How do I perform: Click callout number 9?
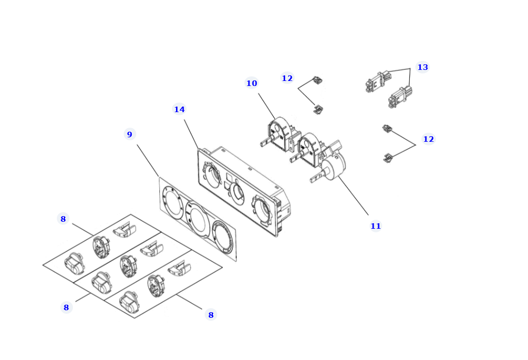[x=130, y=134]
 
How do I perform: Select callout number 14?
[x=179, y=109]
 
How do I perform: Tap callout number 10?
[x=251, y=83]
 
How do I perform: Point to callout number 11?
[x=376, y=226]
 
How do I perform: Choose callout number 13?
[x=422, y=67]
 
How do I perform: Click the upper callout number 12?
[x=287, y=78]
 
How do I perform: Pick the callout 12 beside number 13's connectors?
[x=428, y=139]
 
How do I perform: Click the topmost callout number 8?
[x=63, y=219]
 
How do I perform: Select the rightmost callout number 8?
[x=211, y=315]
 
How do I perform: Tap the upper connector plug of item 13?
[x=379, y=81]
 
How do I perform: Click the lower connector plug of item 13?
[x=400, y=97]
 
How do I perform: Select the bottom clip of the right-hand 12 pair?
[x=388, y=157]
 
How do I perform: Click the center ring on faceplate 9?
[x=198, y=219]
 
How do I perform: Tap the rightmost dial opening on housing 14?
[x=261, y=209]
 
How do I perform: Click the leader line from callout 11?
[x=353, y=196]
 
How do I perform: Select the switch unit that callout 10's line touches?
[x=281, y=135]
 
